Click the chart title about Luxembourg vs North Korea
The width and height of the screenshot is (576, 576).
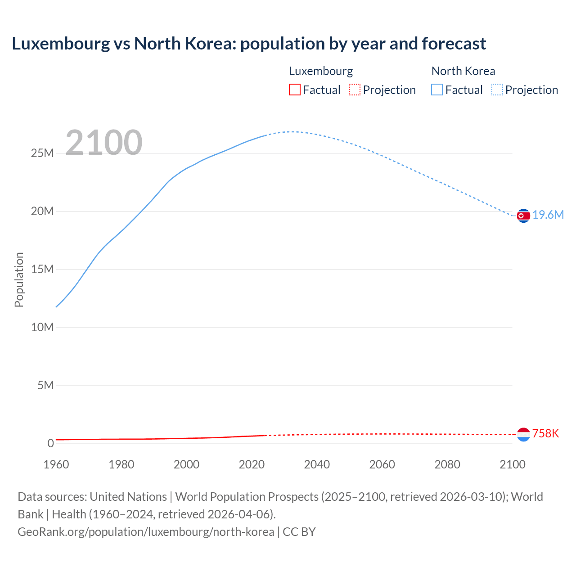(x=249, y=44)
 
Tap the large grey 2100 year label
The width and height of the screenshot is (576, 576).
(x=104, y=143)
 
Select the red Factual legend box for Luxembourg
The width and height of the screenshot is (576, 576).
(x=294, y=90)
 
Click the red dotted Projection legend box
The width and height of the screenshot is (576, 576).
(x=355, y=90)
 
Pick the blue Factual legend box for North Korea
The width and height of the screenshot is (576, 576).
(x=436, y=90)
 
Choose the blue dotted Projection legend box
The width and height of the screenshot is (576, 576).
(x=497, y=90)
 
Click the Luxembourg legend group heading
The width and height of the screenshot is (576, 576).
(x=321, y=71)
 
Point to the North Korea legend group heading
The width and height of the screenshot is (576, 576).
(x=463, y=71)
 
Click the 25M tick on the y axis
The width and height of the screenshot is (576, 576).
(x=42, y=153)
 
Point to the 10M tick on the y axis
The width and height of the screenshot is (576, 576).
(x=42, y=327)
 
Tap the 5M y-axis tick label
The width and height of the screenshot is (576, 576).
(x=45, y=385)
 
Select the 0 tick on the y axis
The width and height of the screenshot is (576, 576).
(x=50, y=443)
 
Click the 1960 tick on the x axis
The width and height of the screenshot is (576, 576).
(x=56, y=464)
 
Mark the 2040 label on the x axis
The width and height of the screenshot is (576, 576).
(x=317, y=464)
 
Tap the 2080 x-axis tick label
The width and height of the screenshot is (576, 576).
(x=447, y=464)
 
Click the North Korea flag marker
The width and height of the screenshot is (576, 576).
(x=523, y=216)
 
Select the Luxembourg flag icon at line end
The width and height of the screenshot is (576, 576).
(x=523, y=434)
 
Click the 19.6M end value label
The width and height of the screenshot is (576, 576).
(x=548, y=215)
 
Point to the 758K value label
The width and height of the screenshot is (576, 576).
(x=545, y=433)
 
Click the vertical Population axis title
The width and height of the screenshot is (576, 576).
(x=19, y=279)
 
